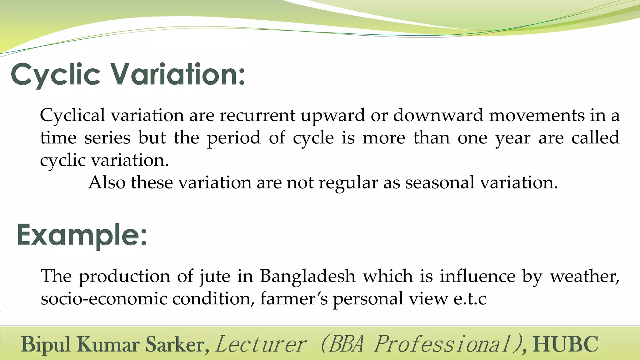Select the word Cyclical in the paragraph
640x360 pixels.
(72, 115)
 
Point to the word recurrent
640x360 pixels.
(257, 115)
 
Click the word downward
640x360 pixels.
(438, 115)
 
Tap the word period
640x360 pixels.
(234, 138)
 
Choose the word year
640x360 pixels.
(513, 138)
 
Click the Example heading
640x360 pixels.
(82, 236)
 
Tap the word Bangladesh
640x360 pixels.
(308, 277)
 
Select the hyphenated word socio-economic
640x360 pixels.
(104, 299)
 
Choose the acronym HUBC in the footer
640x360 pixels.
(565, 344)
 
